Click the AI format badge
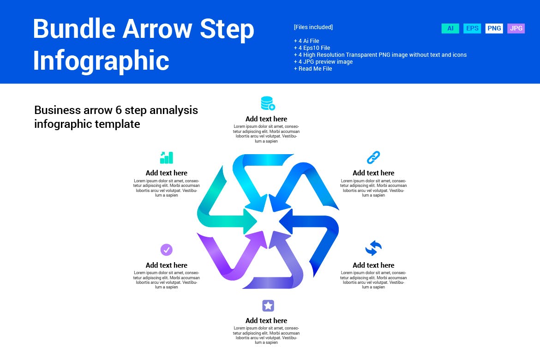450,29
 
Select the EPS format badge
472,29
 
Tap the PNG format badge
494,29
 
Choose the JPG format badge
516,29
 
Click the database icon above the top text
268,103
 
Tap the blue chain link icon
373,157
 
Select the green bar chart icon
166,157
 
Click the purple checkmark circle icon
167,250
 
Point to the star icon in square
268,306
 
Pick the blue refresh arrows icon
373,248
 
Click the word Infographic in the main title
101,60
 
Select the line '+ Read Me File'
313,69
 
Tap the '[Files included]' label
313,27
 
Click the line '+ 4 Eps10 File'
312,48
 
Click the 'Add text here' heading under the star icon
266,321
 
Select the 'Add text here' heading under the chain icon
373,173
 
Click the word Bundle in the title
74,29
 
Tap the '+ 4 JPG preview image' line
323,62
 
